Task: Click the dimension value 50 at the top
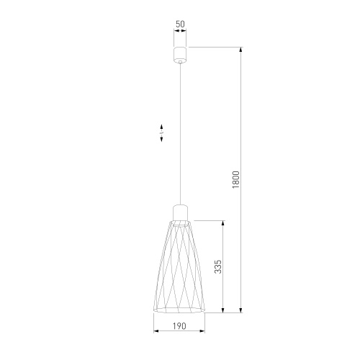click(x=180, y=24)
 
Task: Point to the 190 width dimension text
click(x=180, y=326)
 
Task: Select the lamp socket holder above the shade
click(x=180, y=212)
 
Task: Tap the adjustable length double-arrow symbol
click(x=162, y=133)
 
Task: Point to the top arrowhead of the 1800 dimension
click(x=241, y=50)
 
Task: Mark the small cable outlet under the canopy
click(x=180, y=64)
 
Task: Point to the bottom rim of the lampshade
click(x=180, y=312)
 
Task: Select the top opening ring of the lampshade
click(x=180, y=221)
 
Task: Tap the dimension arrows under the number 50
click(x=180, y=32)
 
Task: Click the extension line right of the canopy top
click(x=216, y=48)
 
